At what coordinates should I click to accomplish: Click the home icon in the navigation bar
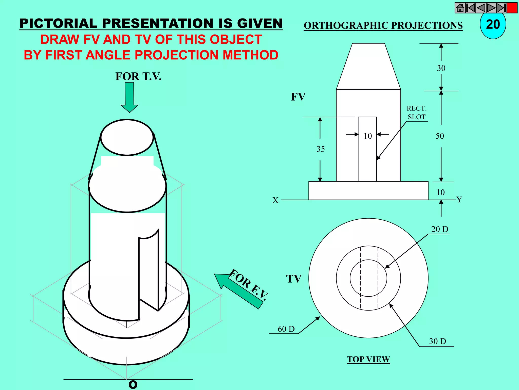[460, 8]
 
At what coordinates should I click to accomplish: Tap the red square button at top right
[512, 8]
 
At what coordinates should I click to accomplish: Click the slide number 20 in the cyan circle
[493, 25]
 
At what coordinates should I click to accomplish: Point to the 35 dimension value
[321, 149]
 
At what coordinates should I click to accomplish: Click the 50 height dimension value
[440, 136]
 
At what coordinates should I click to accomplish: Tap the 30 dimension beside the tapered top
[441, 68]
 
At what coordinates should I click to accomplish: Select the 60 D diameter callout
[286, 329]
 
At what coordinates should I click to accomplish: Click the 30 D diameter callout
[438, 341]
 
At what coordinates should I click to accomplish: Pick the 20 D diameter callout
[440, 229]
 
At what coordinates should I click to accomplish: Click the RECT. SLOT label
[417, 113]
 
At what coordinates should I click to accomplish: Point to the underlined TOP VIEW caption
[368, 359]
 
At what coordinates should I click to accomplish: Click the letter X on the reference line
[275, 201]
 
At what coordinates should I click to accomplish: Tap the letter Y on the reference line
[459, 200]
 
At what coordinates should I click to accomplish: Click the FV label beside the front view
[298, 97]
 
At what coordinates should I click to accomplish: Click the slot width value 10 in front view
[368, 136]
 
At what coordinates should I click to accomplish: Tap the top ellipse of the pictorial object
[127, 137]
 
